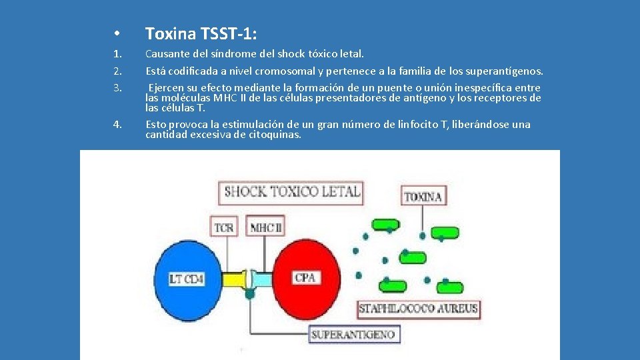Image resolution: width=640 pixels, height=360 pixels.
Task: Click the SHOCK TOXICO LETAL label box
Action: click(291, 193)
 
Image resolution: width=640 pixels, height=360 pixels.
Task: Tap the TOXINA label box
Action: click(423, 197)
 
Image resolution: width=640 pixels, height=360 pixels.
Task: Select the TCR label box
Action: click(225, 227)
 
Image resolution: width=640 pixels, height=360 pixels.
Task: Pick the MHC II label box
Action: click(266, 227)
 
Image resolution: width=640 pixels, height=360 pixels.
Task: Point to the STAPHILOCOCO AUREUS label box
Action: click(418, 309)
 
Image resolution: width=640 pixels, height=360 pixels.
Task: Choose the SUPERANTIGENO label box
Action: click(353, 335)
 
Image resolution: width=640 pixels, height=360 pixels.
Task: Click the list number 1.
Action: click(117, 54)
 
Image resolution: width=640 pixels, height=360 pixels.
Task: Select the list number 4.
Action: click(117, 124)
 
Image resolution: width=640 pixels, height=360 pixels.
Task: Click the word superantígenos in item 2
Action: click(507, 71)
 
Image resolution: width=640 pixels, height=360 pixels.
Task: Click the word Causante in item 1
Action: click(167, 54)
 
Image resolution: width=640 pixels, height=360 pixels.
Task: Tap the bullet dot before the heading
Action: click(116, 34)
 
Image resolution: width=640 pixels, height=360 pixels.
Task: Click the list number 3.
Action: click(117, 88)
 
